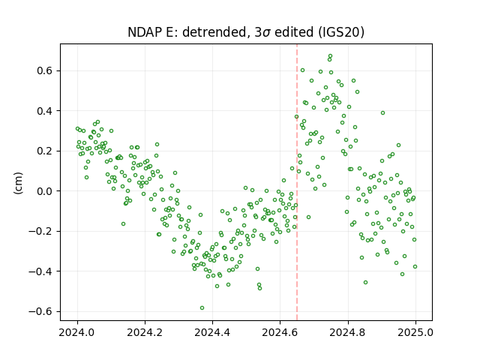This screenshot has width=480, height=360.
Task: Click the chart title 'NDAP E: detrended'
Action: (187, 31)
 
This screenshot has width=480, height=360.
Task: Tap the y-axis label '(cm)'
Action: (18, 183)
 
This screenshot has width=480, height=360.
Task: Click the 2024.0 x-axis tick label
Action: (77, 332)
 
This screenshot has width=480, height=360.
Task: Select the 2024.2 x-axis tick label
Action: (145, 332)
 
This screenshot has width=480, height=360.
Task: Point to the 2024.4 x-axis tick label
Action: (212, 332)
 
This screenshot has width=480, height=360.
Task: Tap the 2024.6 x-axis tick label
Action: (280, 332)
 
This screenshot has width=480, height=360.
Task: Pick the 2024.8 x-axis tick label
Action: (348, 332)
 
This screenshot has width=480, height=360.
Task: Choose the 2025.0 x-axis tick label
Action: (415, 332)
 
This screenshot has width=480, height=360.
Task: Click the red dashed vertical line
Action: (297, 182)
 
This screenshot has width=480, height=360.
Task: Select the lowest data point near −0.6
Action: (202, 308)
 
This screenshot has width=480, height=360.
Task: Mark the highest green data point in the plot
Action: (330, 56)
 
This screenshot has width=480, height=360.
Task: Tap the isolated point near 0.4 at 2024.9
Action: (382, 113)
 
